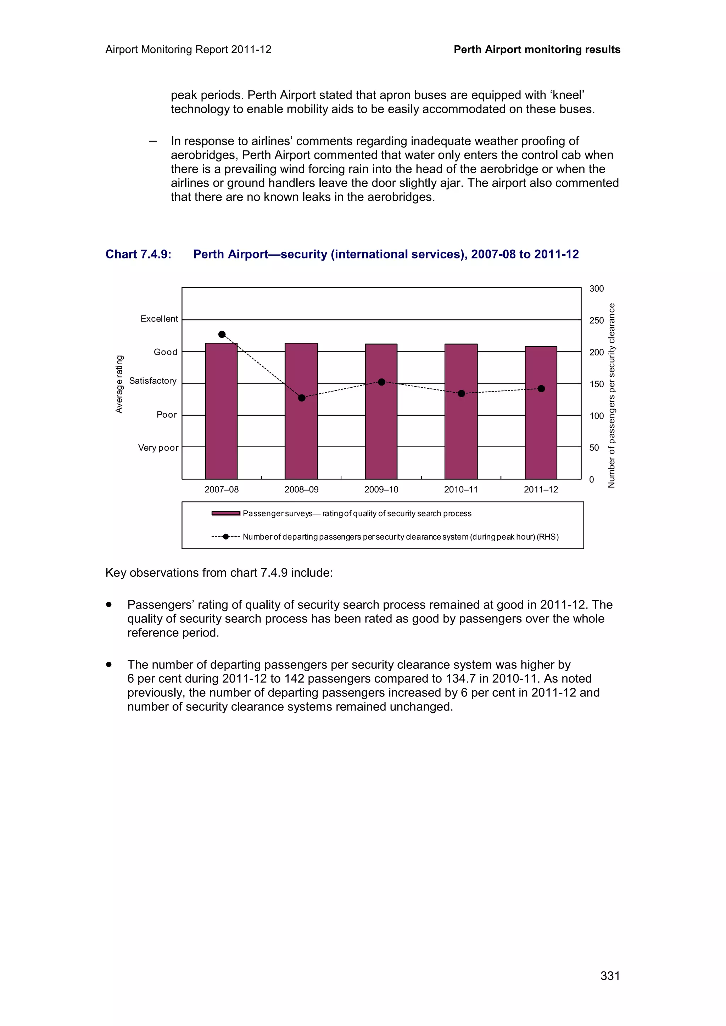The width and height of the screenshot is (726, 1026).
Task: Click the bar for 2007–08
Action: [x=221, y=411]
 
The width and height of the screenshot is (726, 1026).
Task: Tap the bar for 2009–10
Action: [x=381, y=411]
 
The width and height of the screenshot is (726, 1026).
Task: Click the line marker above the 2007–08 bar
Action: [x=222, y=334]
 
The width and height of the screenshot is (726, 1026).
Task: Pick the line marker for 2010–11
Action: [x=461, y=393]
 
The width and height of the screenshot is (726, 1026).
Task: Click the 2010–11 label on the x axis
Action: [x=461, y=489]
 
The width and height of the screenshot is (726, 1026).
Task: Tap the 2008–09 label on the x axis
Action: [x=301, y=489]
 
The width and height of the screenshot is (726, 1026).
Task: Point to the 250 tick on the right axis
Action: [x=596, y=320]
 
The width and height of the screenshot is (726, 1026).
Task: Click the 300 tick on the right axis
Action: [x=596, y=289]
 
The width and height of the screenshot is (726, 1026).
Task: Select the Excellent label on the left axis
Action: [x=159, y=319]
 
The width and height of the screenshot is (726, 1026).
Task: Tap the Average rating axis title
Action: [x=119, y=384]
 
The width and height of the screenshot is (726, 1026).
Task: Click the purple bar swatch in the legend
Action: [x=225, y=513]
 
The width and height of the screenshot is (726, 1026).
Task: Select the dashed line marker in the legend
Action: [x=225, y=537]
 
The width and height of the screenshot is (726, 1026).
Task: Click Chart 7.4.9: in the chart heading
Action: [x=138, y=254]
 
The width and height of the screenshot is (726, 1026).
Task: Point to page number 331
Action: [x=610, y=975]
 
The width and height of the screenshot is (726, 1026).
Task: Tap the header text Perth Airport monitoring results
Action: [x=537, y=50]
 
